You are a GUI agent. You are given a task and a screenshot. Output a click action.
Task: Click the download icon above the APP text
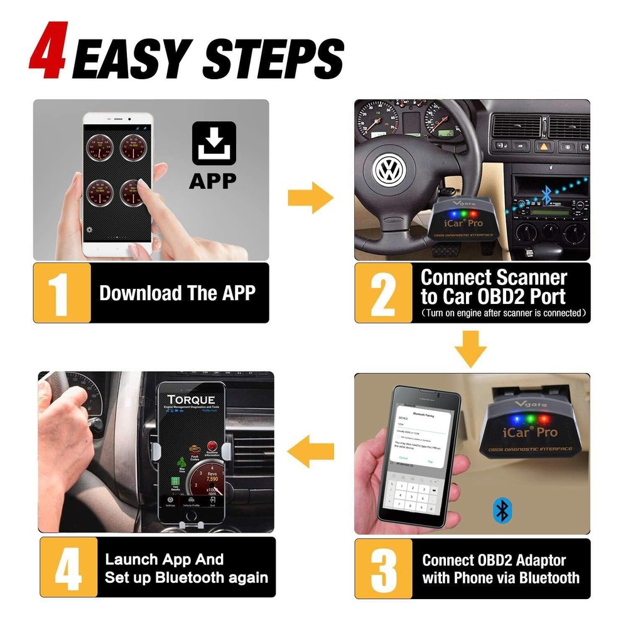[214, 143]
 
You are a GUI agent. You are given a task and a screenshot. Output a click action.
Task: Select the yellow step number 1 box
[62, 293]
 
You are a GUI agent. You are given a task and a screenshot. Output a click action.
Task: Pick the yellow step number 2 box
[382, 293]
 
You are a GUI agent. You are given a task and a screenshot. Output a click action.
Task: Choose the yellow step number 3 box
[384, 568]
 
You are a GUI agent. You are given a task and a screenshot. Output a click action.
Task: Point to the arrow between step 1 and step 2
[310, 199]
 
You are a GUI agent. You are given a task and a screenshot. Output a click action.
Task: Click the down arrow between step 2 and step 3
[471, 349]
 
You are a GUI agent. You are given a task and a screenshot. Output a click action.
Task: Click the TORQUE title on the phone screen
[191, 399]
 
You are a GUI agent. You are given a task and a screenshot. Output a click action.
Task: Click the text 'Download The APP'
[177, 293]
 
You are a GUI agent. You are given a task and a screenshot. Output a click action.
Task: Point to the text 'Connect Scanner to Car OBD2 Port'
[493, 287]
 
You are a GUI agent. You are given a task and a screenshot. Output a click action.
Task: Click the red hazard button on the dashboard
[541, 146]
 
